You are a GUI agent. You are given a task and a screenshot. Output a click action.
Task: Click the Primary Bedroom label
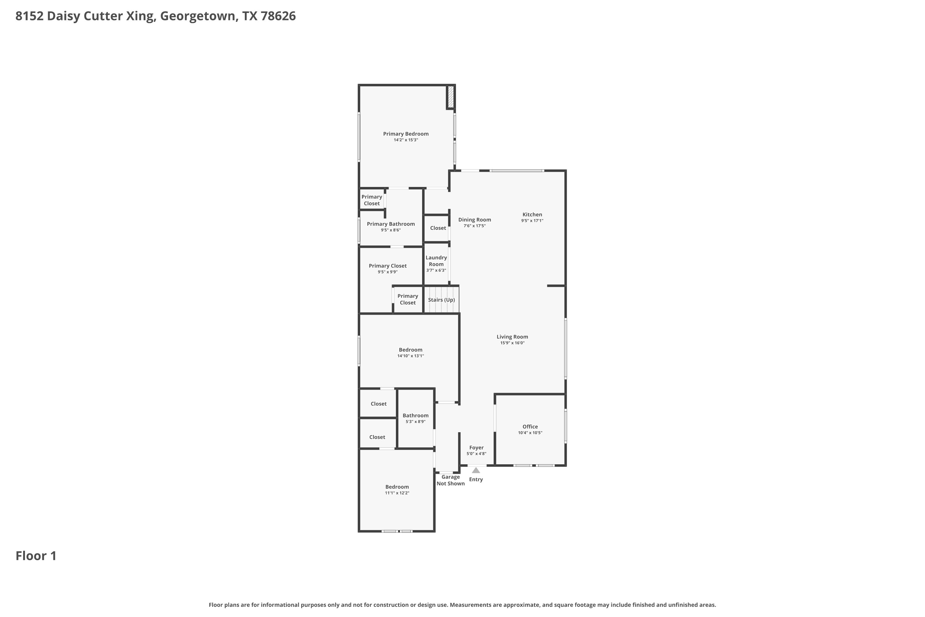406,134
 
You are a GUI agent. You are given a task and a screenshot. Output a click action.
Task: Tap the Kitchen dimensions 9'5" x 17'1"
532,221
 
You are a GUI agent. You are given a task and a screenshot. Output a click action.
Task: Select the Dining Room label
475,220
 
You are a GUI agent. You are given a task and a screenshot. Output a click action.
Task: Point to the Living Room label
512,337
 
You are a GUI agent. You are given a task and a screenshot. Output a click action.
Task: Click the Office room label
530,427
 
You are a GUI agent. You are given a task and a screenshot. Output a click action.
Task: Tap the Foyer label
476,448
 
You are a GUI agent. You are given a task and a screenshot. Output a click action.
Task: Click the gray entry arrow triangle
476,470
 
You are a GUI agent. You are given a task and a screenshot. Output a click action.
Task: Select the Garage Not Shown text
451,480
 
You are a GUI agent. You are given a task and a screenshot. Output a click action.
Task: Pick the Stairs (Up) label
442,300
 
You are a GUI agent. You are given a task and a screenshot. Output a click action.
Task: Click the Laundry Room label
436,261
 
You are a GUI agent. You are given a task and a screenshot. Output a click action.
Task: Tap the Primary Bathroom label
391,224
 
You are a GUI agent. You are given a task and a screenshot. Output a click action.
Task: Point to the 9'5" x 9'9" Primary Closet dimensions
388,272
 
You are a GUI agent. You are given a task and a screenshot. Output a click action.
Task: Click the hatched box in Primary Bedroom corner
451,97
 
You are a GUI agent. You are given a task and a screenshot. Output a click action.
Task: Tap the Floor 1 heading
36,556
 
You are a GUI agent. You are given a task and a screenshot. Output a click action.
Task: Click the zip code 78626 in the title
278,16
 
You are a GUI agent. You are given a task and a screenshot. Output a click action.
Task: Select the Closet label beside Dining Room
438,228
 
